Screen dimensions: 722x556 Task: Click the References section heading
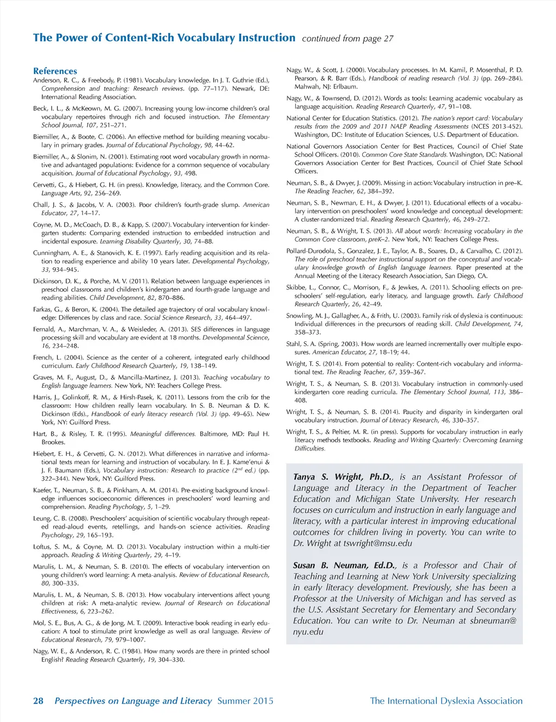click(x=55, y=71)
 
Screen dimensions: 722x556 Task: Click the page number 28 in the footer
click(x=38, y=701)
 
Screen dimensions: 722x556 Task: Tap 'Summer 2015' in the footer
click(x=245, y=701)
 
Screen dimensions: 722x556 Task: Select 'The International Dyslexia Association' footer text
click(x=446, y=701)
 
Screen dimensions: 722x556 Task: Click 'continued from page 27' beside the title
click(x=347, y=39)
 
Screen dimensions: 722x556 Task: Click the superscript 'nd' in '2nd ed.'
click(x=240, y=469)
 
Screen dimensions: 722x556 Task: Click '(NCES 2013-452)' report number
click(x=494, y=127)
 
